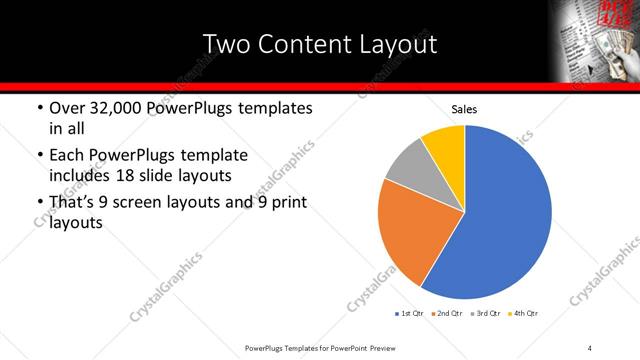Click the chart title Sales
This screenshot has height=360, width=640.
pyautogui.click(x=464, y=109)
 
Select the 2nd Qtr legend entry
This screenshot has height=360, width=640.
pyautogui.click(x=446, y=313)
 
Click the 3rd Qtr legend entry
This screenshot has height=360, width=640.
pyautogui.click(x=484, y=313)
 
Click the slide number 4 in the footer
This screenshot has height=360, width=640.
pyautogui.click(x=590, y=347)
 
